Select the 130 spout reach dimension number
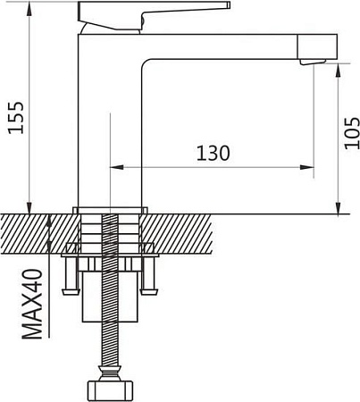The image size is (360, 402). (x=212, y=153)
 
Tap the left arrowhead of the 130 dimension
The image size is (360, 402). (x=113, y=166)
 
